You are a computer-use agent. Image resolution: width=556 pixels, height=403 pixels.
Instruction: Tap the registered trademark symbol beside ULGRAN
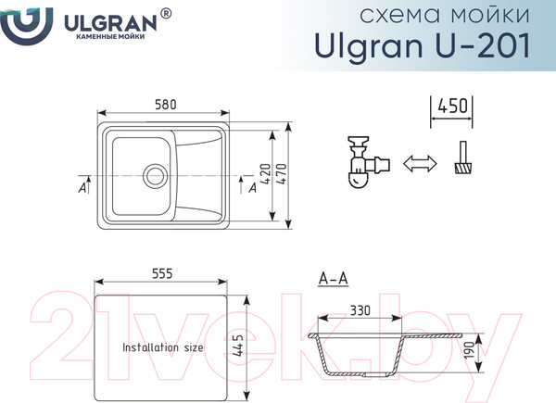(166, 13)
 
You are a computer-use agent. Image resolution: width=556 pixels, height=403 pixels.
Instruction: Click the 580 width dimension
(166, 104)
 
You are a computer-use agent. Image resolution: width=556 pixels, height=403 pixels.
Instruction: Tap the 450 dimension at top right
(453, 106)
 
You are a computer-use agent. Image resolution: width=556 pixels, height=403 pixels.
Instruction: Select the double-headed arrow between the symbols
(419, 163)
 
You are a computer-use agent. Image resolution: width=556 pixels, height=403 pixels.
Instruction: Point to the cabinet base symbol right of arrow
(462, 160)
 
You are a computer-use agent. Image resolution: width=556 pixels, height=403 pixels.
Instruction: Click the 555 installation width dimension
(162, 274)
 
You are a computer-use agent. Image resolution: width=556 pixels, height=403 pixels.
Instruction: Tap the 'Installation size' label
(163, 347)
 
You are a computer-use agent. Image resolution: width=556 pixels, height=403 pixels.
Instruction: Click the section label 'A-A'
(333, 278)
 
